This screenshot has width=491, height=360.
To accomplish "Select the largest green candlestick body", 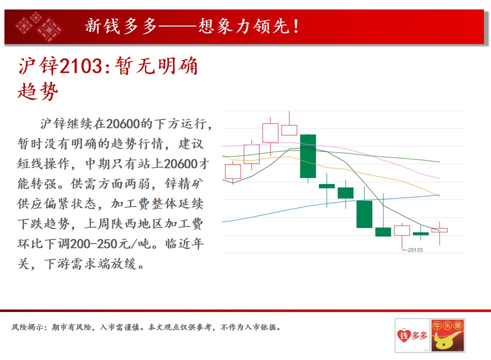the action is click(308, 156).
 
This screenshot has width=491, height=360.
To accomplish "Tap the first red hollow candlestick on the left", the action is click(232, 171).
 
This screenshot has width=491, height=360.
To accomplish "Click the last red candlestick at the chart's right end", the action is click(439, 230).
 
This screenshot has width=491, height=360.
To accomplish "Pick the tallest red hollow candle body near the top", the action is click(270, 133).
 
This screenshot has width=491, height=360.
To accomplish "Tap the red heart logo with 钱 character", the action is click(403, 335).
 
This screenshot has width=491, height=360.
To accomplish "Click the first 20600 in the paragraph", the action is click(123, 124).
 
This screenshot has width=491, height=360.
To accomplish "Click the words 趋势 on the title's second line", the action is click(38, 91).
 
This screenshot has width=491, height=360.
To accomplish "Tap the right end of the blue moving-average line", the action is click(439, 195).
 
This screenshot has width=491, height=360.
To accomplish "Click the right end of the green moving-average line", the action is click(439, 162).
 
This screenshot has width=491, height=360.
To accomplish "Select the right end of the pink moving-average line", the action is click(439, 178).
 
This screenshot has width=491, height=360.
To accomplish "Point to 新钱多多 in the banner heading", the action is click(121, 26).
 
